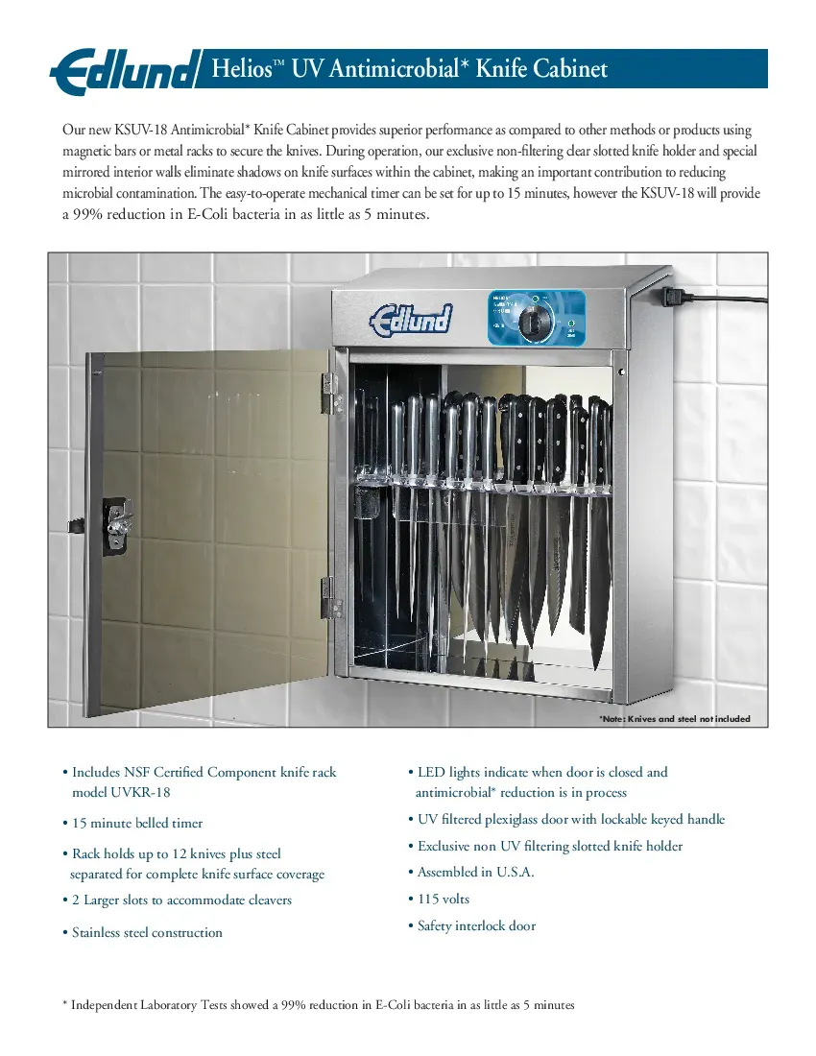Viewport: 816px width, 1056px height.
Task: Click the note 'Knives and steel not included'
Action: pos(675,718)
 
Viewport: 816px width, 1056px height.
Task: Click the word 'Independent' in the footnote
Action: pos(109,1005)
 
